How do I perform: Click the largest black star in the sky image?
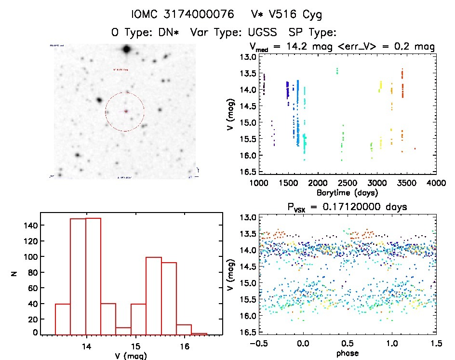click(x=126, y=49)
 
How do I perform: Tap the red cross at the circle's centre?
click(x=126, y=111)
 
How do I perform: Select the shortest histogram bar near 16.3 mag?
click(x=199, y=333)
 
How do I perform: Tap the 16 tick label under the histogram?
click(x=184, y=346)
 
